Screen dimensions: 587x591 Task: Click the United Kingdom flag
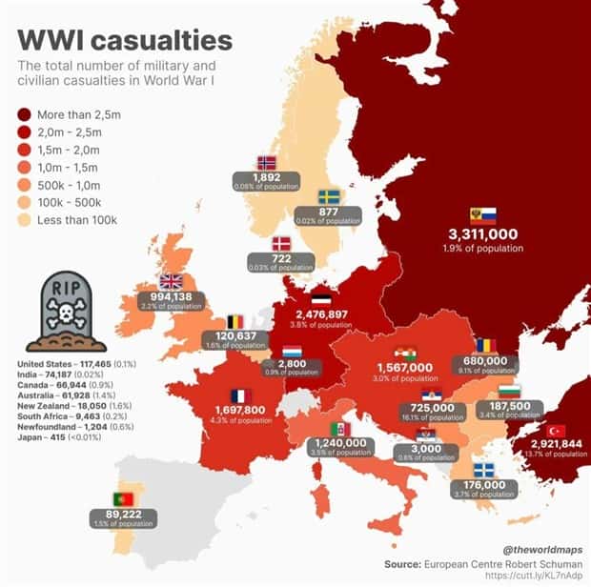click(x=171, y=280)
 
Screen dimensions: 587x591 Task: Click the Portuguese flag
click(x=123, y=499)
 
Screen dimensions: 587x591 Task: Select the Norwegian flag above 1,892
click(x=267, y=162)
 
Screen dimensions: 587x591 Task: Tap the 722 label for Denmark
click(x=280, y=258)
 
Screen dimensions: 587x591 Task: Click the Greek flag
click(x=484, y=469)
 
